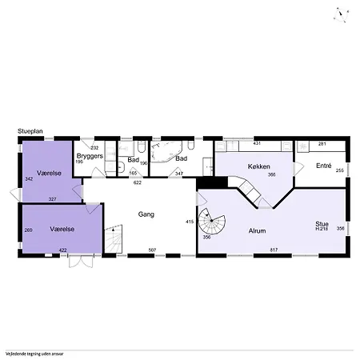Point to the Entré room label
323,166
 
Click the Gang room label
146,214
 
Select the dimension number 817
273,251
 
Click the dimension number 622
137,183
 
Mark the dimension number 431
258,143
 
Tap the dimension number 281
322,143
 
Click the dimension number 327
52,198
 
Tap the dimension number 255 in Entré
339,170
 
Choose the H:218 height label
322,230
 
